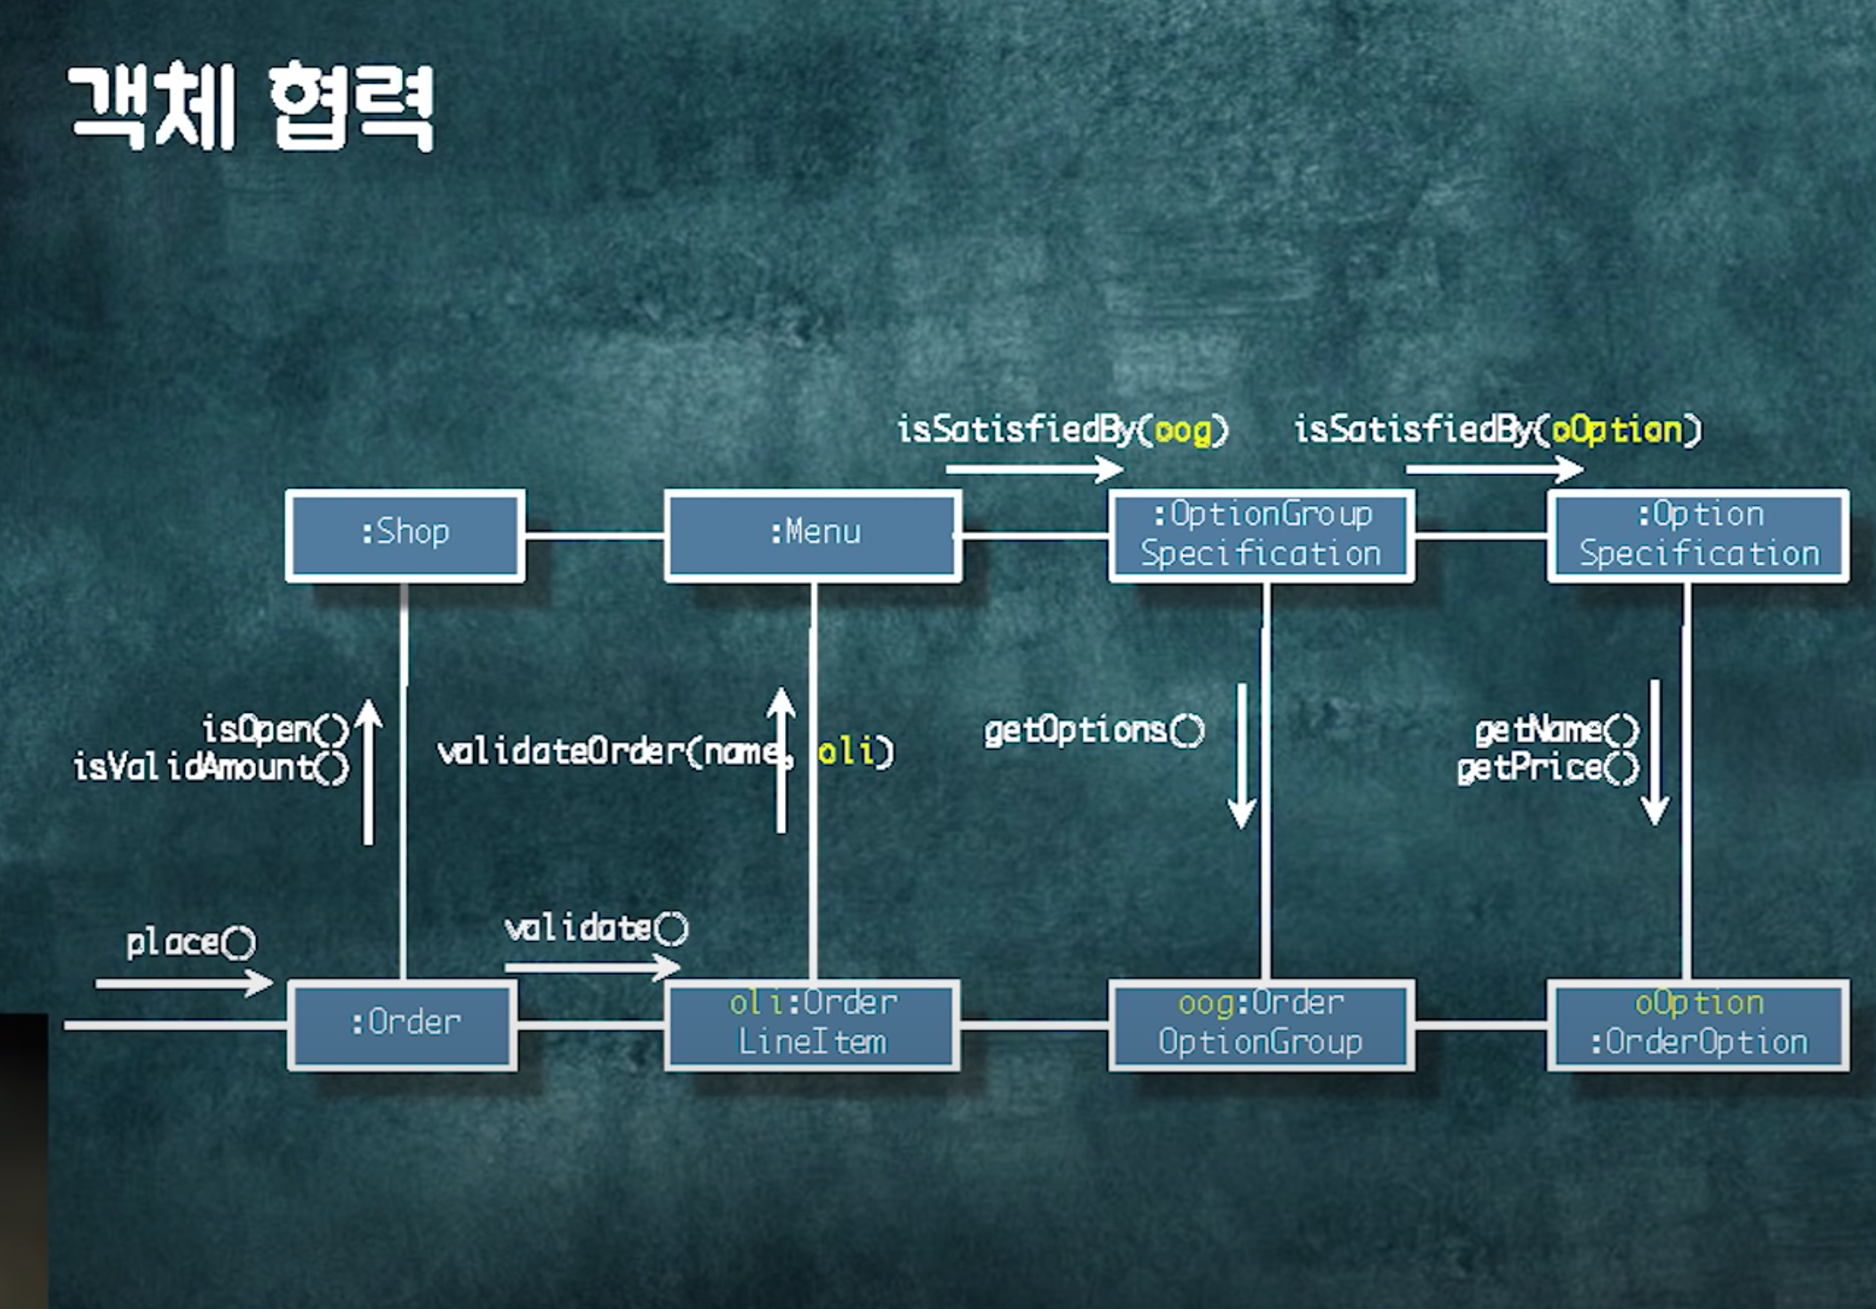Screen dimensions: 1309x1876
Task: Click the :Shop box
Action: pyautogui.click(x=405, y=535)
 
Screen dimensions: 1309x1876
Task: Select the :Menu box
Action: pyautogui.click(x=813, y=535)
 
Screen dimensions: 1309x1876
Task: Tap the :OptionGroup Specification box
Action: pyautogui.click(x=1261, y=535)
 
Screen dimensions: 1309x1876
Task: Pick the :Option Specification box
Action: pyautogui.click(x=1698, y=535)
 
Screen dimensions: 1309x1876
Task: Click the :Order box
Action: pyautogui.click(x=403, y=1024)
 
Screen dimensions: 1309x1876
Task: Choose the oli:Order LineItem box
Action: pyautogui.click(x=813, y=1024)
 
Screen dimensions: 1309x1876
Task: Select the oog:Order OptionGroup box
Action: pyautogui.click(x=1261, y=1024)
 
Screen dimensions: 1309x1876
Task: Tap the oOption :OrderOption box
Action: pyautogui.click(x=1698, y=1024)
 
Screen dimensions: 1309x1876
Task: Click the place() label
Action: pyautogui.click(x=190, y=943)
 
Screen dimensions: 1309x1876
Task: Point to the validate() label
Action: pyautogui.click(x=596, y=929)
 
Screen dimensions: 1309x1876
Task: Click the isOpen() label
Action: pyautogui.click(x=276, y=730)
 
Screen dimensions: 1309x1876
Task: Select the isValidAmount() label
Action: pyautogui.click(x=212, y=767)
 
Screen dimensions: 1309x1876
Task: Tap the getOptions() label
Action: pyautogui.click(x=1094, y=731)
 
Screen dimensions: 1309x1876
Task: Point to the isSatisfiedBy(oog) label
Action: pyautogui.click(x=1062, y=430)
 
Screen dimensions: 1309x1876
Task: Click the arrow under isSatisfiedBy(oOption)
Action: pyautogui.click(x=1494, y=469)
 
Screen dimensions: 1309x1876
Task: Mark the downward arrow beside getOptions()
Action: pyautogui.click(x=1242, y=756)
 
